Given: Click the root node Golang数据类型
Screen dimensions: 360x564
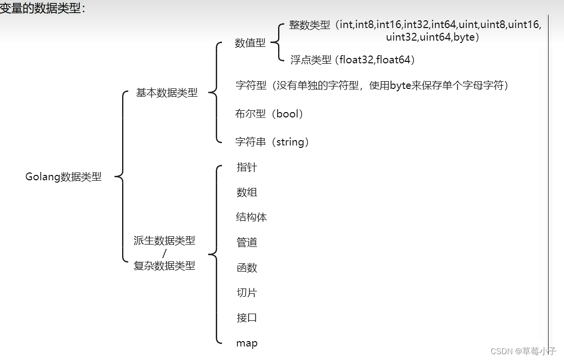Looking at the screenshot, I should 63,177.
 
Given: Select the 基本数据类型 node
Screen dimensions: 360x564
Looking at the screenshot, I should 167,93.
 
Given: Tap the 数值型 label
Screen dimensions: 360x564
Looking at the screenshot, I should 250,43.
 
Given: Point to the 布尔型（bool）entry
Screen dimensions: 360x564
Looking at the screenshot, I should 269,114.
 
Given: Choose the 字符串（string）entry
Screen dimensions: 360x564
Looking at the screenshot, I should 272,142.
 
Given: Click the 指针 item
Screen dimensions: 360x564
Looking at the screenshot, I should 247,167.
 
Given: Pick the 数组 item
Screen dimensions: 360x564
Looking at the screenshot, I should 247,192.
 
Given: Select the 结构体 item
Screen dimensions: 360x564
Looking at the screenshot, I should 251,217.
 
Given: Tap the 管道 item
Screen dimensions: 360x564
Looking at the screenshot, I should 247,243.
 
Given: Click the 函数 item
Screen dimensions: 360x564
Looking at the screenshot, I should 247,268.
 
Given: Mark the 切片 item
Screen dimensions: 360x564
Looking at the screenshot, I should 247,293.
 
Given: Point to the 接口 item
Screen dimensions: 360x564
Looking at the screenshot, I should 247,318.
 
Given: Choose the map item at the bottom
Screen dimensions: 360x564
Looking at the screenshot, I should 247,344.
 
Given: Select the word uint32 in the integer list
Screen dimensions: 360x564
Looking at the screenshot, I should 402,37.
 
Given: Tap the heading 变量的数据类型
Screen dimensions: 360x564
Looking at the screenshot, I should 42,8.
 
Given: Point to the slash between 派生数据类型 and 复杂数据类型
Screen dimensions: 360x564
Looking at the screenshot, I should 165,253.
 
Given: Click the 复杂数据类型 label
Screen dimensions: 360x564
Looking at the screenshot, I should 165,265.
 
